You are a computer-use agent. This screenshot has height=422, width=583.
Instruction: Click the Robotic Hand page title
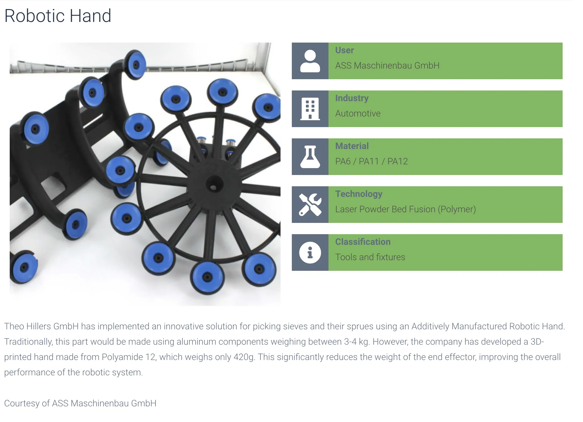(x=58, y=16)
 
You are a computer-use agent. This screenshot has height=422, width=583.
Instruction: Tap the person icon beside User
(x=310, y=61)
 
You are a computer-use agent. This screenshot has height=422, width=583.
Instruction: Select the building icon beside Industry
(x=310, y=109)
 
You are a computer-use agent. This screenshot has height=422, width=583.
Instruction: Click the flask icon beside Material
(x=310, y=157)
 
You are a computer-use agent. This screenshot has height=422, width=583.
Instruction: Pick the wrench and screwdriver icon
(x=310, y=205)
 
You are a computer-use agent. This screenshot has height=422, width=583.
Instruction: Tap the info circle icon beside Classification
(x=310, y=253)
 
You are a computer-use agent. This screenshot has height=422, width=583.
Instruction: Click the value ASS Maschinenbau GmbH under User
(x=387, y=66)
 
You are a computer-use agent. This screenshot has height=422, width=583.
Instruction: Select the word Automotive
(x=358, y=114)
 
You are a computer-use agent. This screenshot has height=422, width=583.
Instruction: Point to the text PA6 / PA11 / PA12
(x=371, y=162)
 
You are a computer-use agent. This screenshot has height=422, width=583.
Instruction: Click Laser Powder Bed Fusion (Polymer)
(x=405, y=209)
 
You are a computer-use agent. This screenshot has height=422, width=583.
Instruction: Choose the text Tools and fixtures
(x=370, y=257)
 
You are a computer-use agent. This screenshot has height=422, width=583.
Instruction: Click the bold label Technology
(x=359, y=194)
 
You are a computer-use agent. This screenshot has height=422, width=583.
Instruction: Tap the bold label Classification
(x=363, y=242)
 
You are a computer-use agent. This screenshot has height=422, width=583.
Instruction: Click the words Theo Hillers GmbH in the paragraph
(x=41, y=327)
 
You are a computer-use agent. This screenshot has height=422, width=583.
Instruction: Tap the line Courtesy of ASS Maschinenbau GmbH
(x=80, y=404)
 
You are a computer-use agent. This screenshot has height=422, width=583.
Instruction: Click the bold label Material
(x=352, y=146)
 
